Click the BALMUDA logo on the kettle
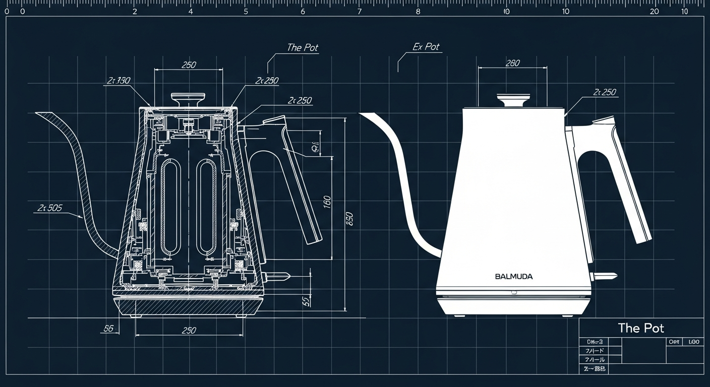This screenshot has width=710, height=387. pyautogui.click(x=514, y=277)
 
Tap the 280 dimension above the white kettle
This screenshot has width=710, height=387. pyautogui.click(x=512, y=63)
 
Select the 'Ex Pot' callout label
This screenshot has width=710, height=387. pyautogui.click(x=426, y=47)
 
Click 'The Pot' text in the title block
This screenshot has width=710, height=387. pyautogui.click(x=641, y=328)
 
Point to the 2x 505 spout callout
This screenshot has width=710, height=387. pyautogui.click(x=50, y=208)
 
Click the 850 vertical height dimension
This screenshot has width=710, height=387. pyautogui.click(x=349, y=219)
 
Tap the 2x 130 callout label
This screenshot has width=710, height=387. pyautogui.click(x=119, y=81)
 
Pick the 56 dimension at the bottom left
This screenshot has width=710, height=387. pyautogui.click(x=108, y=329)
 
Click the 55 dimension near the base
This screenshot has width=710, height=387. pyautogui.click(x=306, y=301)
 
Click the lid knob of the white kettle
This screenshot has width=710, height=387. pyautogui.click(x=512, y=99)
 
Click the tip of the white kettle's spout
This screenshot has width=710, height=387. pyautogui.click(x=362, y=115)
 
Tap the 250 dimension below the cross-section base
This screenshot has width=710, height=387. pyautogui.click(x=188, y=331)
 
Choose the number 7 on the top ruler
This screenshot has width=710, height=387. pyautogui.click(x=359, y=11)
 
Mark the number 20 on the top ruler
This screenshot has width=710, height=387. pyautogui.click(x=655, y=11)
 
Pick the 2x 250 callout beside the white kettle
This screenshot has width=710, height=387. pyautogui.click(x=605, y=93)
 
